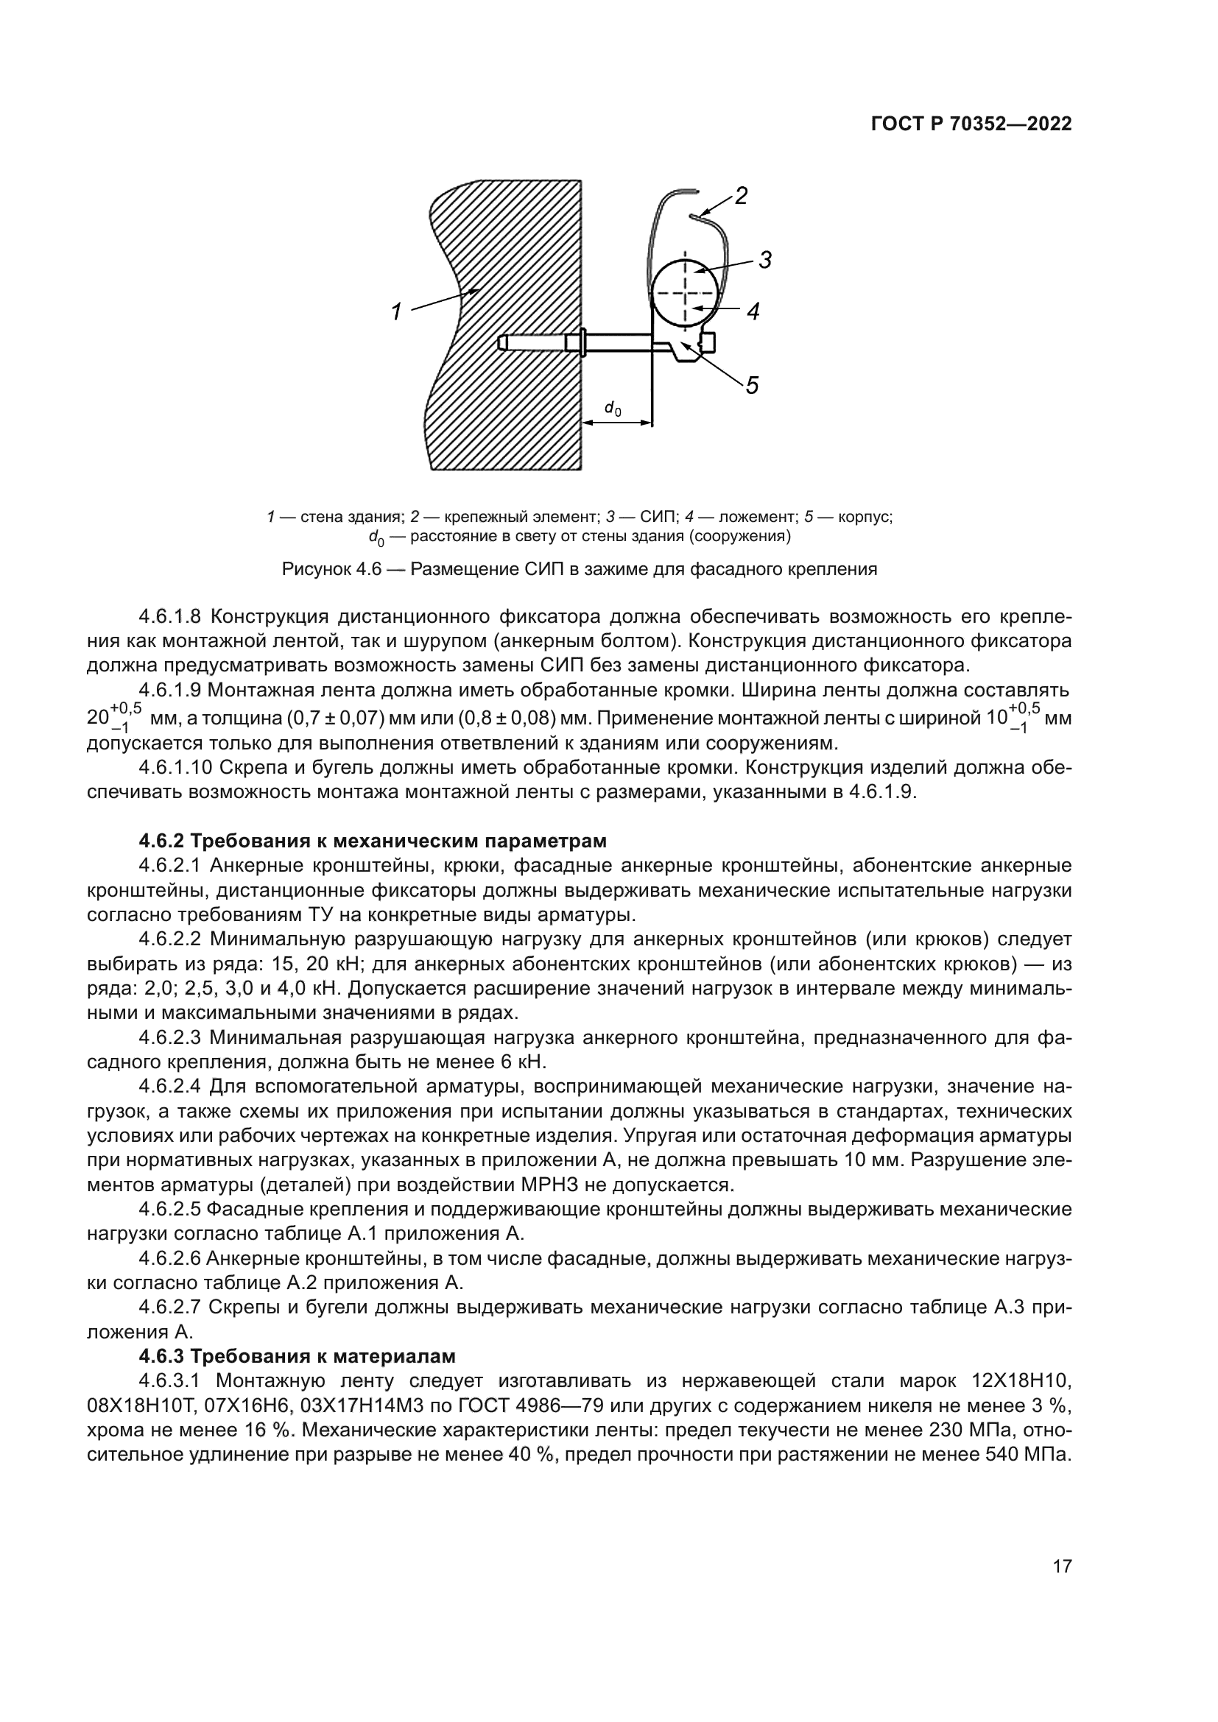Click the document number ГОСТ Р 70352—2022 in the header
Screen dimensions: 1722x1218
tap(971, 124)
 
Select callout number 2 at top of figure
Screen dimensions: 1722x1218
tap(741, 197)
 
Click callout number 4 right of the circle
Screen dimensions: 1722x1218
tap(753, 311)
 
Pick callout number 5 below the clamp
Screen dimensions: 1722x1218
tap(752, 385)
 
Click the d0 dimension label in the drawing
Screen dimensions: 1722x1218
tap(613, 409)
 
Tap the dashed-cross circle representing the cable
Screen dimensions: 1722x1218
tap(683, 293)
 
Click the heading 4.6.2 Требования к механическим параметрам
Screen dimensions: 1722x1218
tap(372, 841)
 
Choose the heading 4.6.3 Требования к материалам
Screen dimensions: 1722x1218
tap(297, 1356)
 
